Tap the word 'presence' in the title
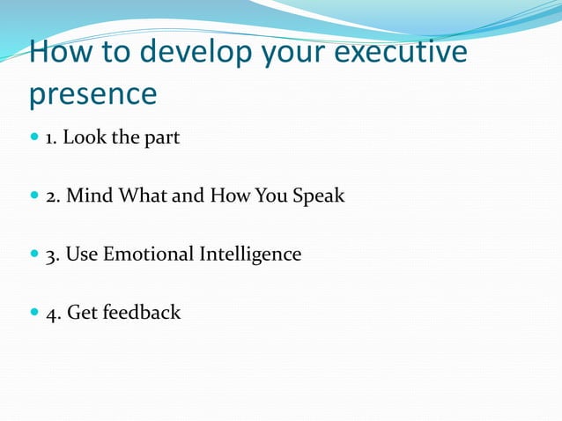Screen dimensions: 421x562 [x=92, y=92]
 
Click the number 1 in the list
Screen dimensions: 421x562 [x=50, y=138]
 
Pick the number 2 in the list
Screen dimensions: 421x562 [x=51, y=196]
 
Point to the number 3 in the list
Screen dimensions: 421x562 [x=51, y=255]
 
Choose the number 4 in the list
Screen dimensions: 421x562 [x=51, y=313]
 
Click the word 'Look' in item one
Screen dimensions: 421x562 [x=82, y=138]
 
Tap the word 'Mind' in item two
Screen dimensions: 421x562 [x=86, y=196]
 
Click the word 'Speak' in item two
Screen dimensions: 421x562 [x=318, y=196]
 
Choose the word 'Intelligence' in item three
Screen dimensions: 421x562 [x=250, y=255]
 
